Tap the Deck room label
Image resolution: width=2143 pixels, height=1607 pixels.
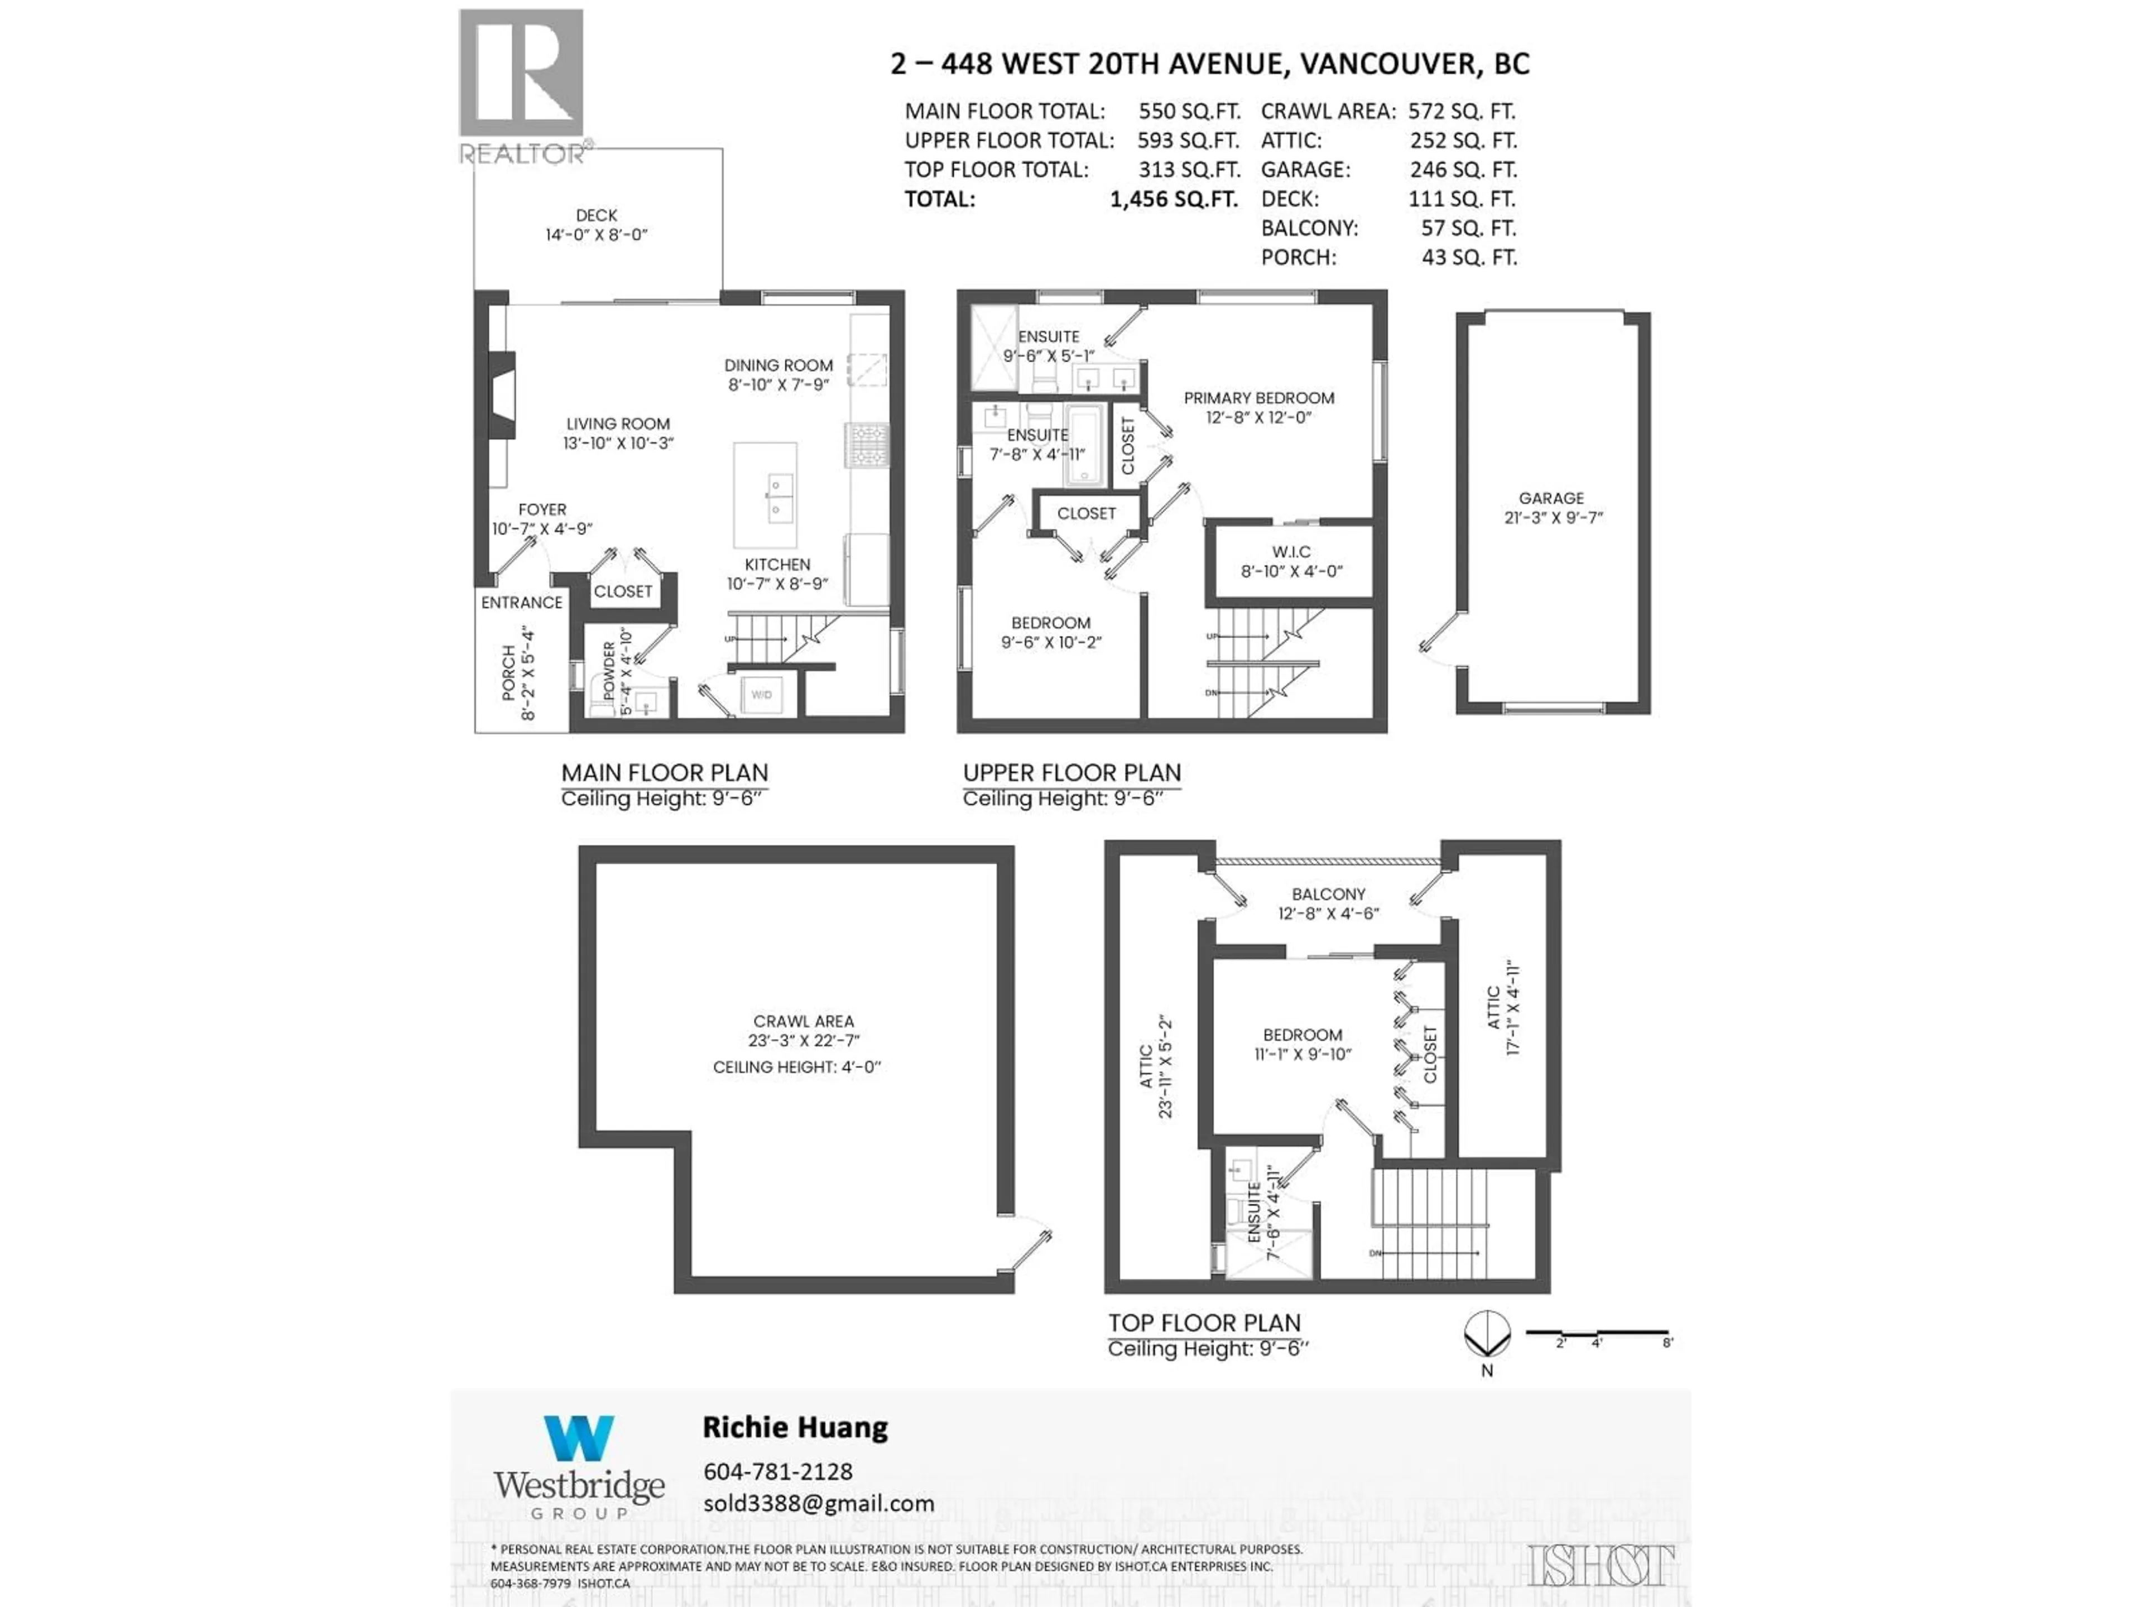(596, 215)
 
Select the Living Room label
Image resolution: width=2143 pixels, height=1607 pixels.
(618, 424)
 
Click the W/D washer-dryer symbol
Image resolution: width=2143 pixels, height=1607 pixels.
(761, 695)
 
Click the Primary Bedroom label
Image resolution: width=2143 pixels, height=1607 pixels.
(1258, 398)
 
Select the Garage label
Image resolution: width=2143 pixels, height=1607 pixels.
(1551, 498)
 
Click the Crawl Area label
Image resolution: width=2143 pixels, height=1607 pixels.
(803, 1021)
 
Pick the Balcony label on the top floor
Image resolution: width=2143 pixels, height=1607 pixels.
(1327, 894)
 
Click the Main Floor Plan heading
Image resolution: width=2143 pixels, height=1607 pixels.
(665, 773)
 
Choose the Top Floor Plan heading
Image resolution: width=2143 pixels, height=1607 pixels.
(1204, 1323)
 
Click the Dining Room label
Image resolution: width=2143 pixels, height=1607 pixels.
(778, 365)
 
